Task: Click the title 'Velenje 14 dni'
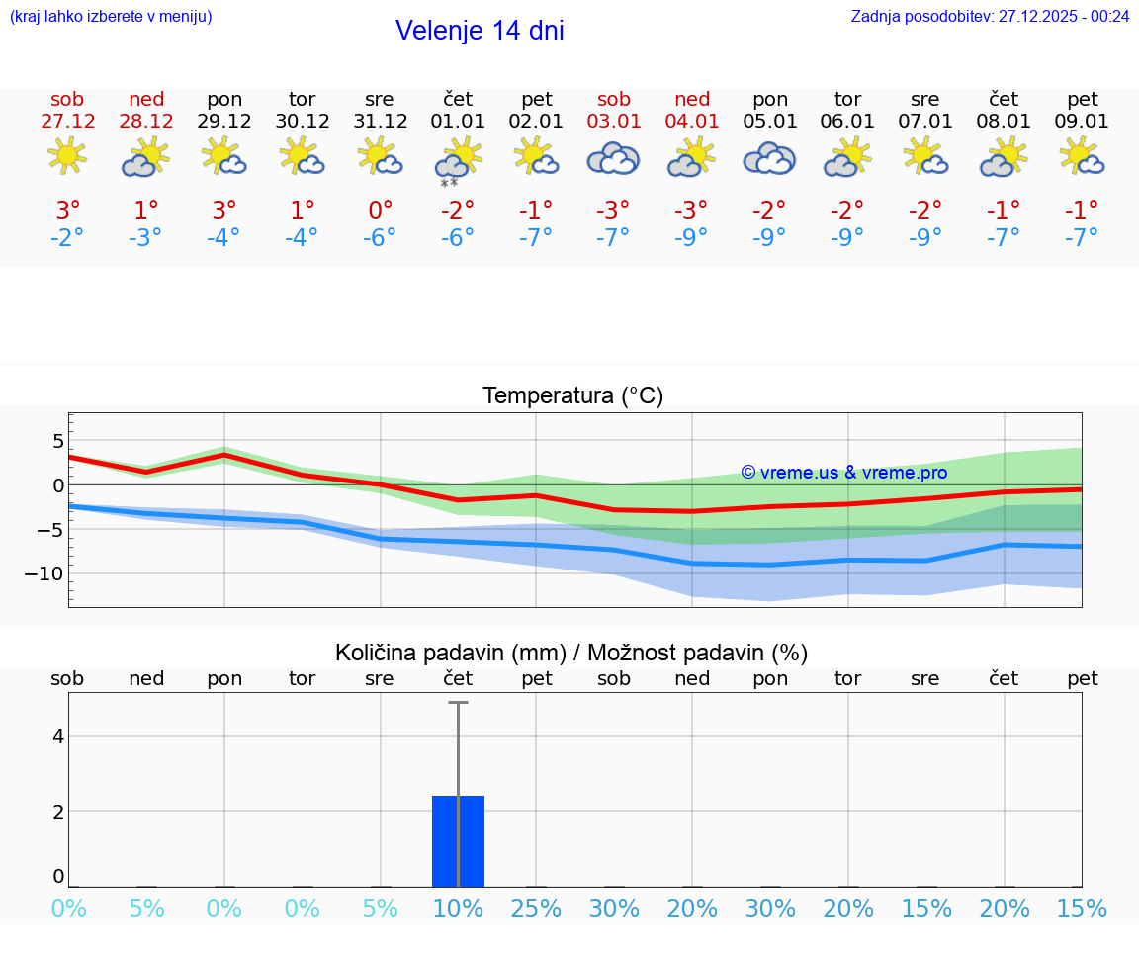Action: [480, 31]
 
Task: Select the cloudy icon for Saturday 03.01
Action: [613, 158]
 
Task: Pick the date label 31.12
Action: [380, 122]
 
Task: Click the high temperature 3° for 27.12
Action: [68, 211]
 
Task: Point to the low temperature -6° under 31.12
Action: [380, 238]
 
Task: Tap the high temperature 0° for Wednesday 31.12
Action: [380, 211]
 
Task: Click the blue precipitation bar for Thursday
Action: [458, 840]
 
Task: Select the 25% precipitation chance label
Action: [536, 908]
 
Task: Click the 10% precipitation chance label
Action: [458, 908]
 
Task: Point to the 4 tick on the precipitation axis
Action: [58, 736]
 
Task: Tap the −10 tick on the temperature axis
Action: [45, 573]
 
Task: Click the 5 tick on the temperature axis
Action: [58, 440]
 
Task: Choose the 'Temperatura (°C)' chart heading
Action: [572, 396]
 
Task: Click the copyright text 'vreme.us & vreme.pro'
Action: [844, 473]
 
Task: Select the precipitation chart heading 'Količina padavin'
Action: [571, 653]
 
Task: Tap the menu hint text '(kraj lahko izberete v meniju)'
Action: [111, 17]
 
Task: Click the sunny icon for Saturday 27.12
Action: [66, 156]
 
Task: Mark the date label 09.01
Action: [1083, 122]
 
